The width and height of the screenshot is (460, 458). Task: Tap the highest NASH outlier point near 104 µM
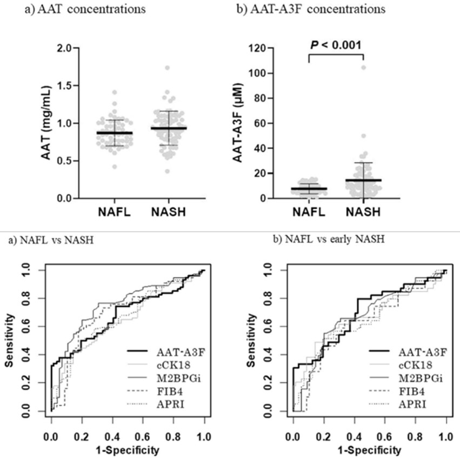pos(364,68)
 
